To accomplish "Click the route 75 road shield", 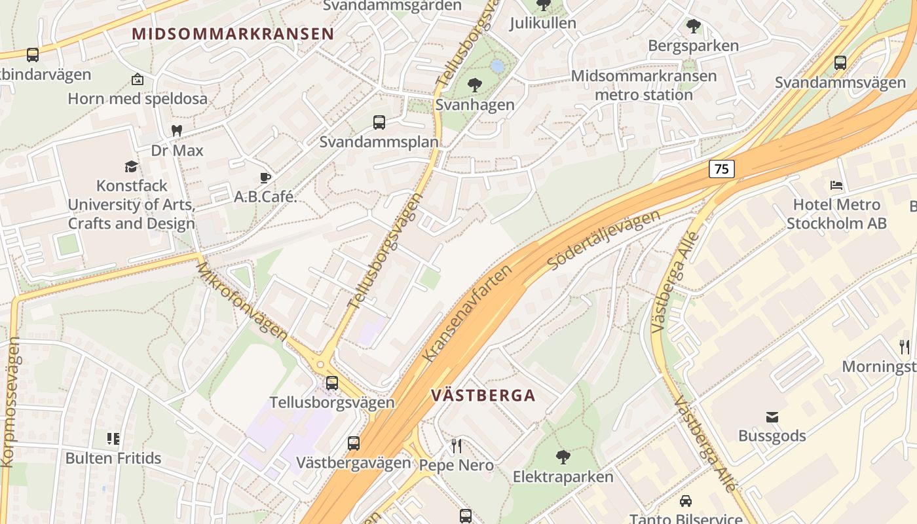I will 721,169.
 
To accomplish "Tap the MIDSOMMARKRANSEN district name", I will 233,34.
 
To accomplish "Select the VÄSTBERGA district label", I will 483,396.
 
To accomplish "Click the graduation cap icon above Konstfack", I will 132,167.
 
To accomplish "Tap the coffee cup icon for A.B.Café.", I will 265,178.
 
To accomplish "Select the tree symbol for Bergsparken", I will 693,26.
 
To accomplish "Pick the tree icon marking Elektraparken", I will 563,457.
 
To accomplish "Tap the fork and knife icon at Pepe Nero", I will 457,446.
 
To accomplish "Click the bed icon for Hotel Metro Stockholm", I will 836,185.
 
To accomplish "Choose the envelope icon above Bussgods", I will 772,417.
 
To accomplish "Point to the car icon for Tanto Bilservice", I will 686,501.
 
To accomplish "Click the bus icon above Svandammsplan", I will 379,122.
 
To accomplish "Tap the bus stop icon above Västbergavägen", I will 354,443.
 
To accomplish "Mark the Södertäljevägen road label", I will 603,240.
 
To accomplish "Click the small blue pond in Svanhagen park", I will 497,66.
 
